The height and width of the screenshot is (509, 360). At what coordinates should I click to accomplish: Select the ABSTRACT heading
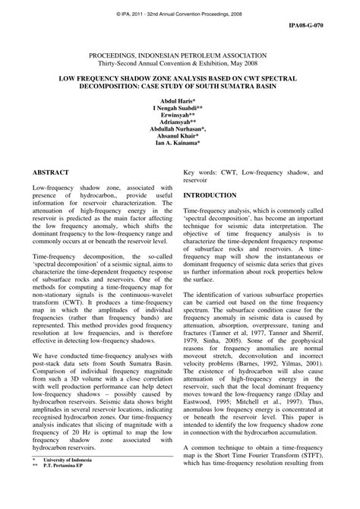tap(52, 173)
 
